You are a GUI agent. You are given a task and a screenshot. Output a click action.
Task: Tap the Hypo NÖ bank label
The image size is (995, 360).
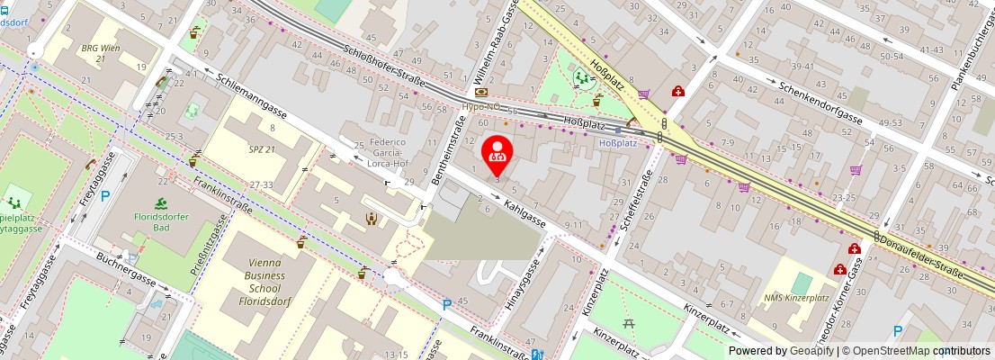(481, 105)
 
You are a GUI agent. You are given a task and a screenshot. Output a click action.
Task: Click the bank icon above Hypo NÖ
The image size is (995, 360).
(481, 92)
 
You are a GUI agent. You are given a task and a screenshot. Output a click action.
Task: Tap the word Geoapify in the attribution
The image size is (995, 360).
(811, 351)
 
